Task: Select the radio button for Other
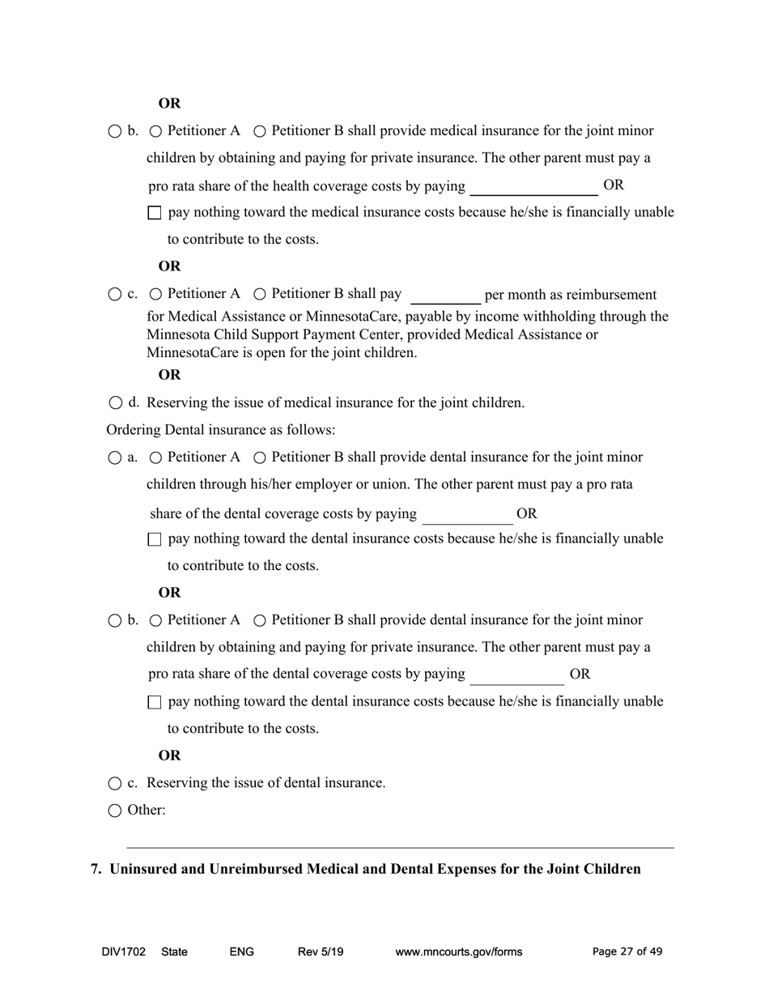[114, 811]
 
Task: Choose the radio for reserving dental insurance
[114, 784]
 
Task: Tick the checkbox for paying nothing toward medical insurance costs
[155, 213]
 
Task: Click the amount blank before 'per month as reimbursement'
[445, 296]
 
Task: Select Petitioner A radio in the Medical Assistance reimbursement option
[155, 295]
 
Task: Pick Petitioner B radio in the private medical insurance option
[260, 131]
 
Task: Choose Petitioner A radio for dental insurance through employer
[155, 458]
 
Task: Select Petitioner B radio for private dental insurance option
[260, 621]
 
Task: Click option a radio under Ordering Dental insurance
[114, 458]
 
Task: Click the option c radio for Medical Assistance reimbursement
[114, 295]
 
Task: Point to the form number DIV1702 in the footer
[123, 952]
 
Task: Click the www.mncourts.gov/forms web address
[458, 952]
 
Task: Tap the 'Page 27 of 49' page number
[627, 952]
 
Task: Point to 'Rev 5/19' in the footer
[321, 952]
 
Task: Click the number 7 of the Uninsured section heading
[95, 869]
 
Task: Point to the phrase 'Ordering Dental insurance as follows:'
[220, 430]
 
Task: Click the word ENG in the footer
[241, 952]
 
